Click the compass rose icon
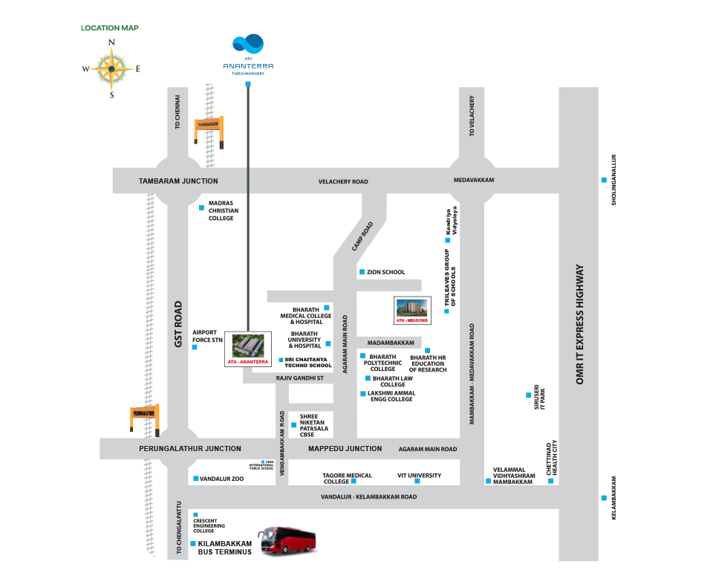(x=111, y=68)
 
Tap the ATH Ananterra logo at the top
(x=248, y=54)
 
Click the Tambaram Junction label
(x=178, y=181)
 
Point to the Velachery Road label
(x=343, y=181)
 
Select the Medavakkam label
(x=473, y=180)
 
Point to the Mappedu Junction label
(x=345, y=448)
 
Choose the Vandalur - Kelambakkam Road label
(x=368, y=496)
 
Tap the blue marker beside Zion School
(x=361, y=272)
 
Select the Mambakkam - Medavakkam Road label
(x=472, y=373)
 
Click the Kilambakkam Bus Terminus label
(x=231, y=548)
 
